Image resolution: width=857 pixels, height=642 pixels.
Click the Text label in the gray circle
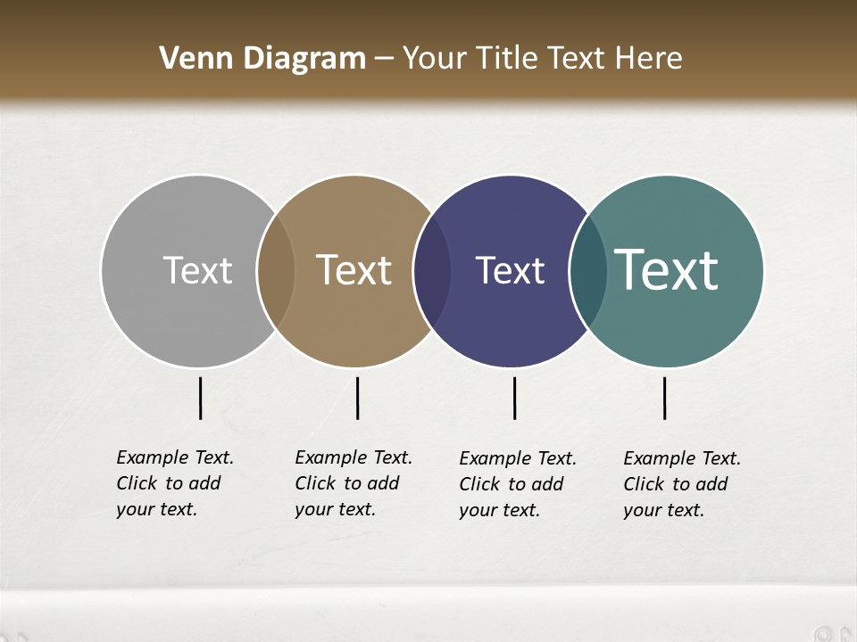197,270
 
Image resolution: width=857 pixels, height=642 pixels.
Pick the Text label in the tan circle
354,270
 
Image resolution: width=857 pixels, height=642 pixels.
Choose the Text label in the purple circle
510,270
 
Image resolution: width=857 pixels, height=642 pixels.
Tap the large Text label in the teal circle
667,270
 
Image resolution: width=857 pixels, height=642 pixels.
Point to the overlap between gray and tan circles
276,270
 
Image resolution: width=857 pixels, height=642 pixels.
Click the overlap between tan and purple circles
432,270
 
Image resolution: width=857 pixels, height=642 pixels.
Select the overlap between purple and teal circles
588,270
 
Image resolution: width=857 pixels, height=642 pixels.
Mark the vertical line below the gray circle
200,398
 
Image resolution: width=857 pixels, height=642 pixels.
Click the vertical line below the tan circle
357,398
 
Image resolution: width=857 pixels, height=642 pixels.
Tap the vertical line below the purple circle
514,398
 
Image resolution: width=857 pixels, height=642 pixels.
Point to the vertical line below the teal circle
664,398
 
